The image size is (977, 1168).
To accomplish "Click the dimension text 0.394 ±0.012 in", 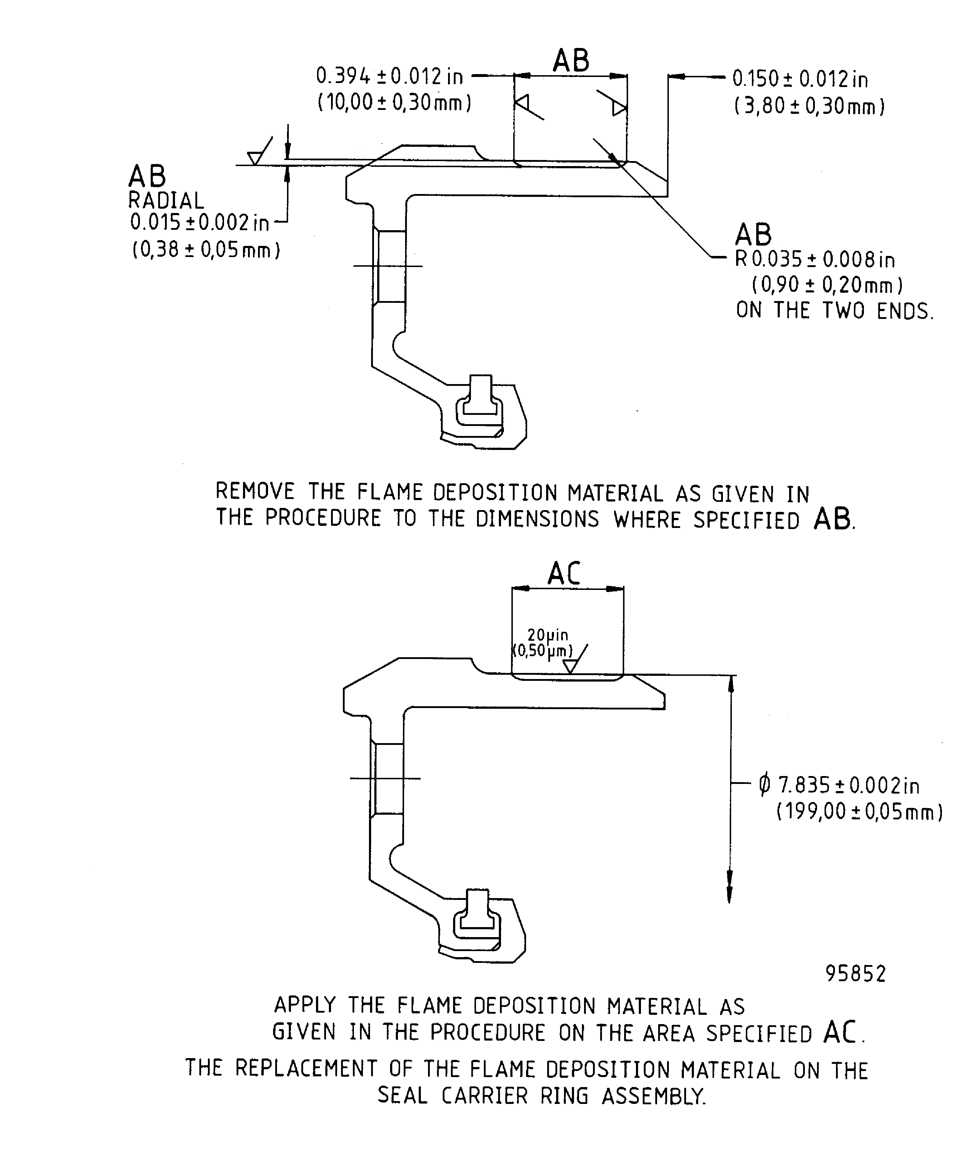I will coord(389,76).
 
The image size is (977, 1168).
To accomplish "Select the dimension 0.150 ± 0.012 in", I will coord(799,79).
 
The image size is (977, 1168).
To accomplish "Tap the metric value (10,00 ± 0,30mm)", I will coord(394,103).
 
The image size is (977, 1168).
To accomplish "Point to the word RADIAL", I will coord(166,200).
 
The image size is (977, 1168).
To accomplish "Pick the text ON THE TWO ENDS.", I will coord(834,310).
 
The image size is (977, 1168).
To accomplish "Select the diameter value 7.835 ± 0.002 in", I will coord(840,785).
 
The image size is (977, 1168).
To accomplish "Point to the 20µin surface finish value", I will coord(548,635).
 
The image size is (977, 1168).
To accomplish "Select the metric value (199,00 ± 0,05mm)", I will coord(859,812).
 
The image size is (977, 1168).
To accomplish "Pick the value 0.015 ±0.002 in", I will coord(199,223).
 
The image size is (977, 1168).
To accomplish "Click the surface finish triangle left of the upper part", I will coord(255,158).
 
